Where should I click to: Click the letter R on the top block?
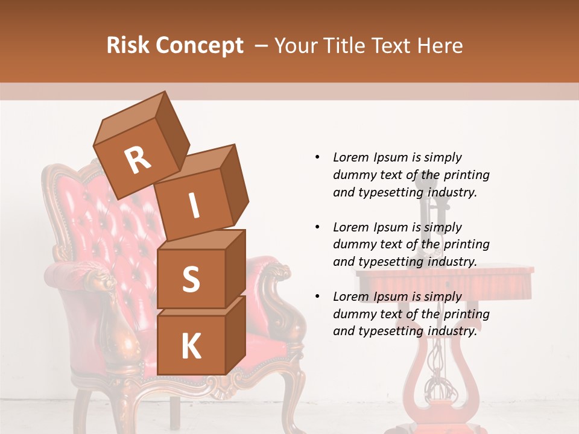click(138, 161)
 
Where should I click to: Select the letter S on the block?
click(191, 280)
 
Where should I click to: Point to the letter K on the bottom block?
click(191, 347)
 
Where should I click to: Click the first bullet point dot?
click(317, 158)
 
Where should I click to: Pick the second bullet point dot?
click(317, 227)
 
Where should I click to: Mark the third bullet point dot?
click(317, 297)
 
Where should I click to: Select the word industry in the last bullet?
click(452, 331)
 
